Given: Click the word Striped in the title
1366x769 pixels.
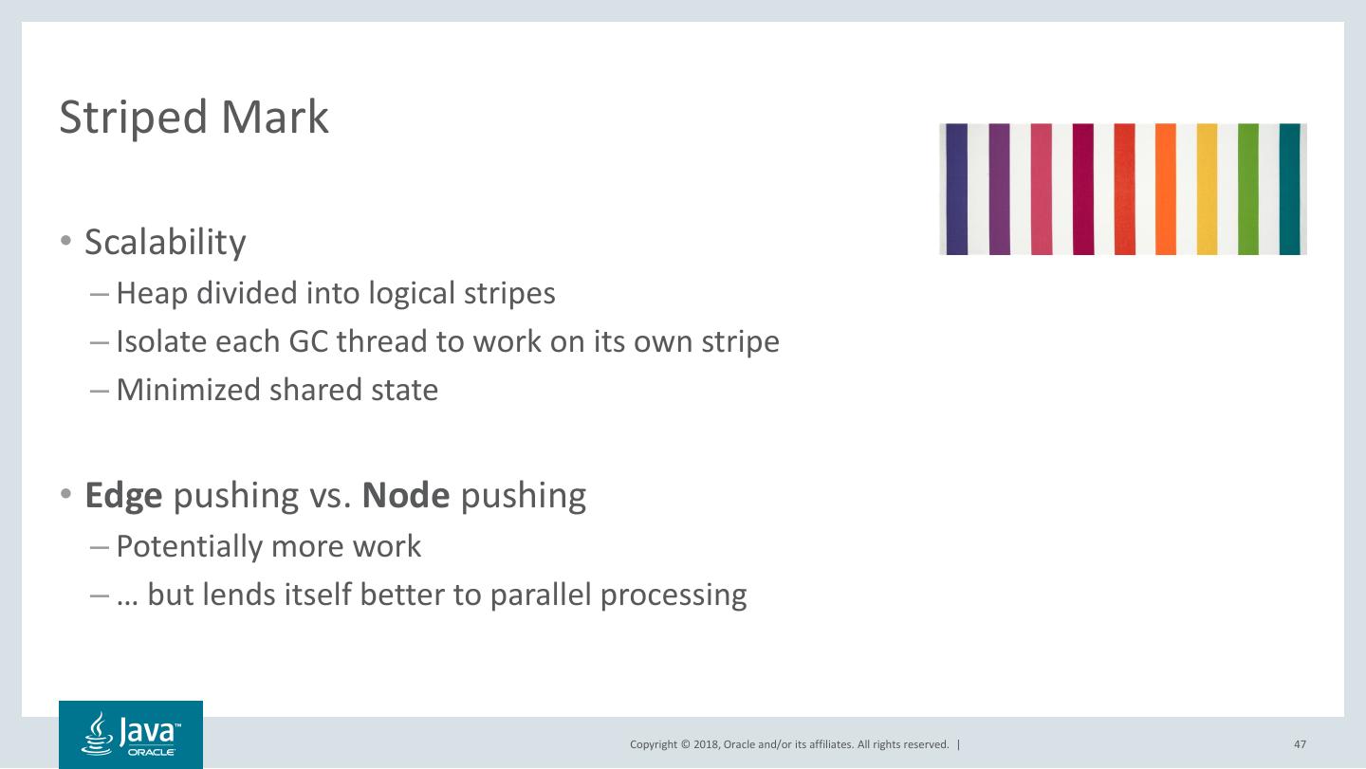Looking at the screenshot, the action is (133, 118).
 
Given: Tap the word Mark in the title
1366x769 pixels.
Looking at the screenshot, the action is (275, 117).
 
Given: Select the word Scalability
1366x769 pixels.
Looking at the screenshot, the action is (165, 243).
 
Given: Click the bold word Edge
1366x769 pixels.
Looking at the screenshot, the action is (123, 496).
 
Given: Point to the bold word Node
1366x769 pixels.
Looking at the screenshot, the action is (406, 495).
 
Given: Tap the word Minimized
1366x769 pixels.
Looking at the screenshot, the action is (189, 390).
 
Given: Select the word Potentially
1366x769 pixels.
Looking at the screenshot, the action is (190, 547).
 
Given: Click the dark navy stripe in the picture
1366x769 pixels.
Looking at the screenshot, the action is (957, 189).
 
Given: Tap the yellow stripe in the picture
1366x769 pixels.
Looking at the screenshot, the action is (1207, 189).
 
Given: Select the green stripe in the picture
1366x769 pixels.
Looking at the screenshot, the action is (1248, 189).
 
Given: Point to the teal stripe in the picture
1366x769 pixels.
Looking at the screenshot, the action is (1290, 189).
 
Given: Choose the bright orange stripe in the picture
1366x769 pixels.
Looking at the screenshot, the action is (1165, 189).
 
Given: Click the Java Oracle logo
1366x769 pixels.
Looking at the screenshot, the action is (131, 734).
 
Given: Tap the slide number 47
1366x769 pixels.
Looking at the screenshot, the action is (1300, 744).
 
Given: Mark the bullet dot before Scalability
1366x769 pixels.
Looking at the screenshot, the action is (66, 240).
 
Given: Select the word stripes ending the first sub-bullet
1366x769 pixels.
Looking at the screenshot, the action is (509, 294).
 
